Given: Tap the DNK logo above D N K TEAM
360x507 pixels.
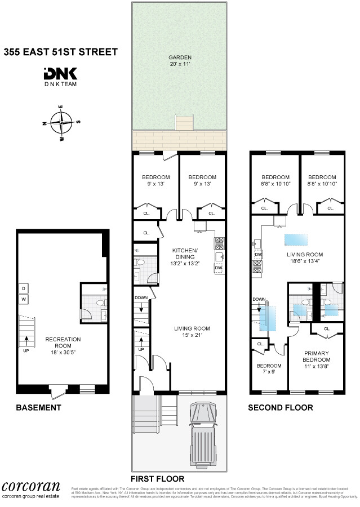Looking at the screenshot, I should coord(60,74).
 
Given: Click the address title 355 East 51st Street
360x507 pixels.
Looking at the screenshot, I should coord(61,52).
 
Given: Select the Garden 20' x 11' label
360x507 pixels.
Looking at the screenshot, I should coord(180,60).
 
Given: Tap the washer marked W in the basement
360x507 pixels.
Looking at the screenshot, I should coord(24,299).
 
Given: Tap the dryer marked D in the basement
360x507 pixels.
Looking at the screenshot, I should coord(24,288).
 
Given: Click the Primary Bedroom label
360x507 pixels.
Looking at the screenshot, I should coord(316,357).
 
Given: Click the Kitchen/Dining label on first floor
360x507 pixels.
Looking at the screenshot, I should coord(185,257).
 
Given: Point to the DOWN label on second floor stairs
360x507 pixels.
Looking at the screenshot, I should coord(259,299).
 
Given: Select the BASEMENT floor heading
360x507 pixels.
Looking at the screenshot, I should coord(38,407).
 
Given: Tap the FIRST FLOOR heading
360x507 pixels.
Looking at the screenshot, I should coord(158,479).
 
